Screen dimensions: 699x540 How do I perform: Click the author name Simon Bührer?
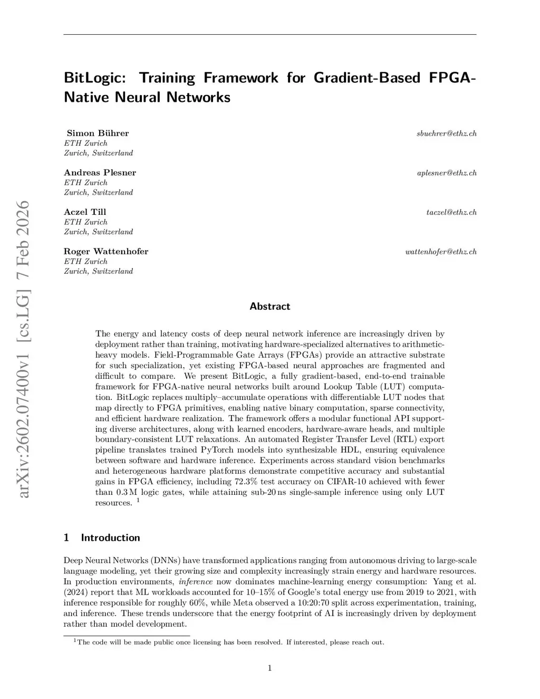(98, 133)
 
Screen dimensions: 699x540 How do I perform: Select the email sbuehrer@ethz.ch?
(446, 133)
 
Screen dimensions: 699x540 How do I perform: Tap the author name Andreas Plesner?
(100, 173)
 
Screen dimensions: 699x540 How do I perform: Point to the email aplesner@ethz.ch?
(447, 173)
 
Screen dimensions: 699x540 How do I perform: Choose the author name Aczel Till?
(85, 212)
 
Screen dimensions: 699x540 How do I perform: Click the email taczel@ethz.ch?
(451, 213)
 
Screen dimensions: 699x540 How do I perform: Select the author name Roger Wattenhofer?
(106, 251)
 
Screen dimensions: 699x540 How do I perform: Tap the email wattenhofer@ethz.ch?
(441, 252)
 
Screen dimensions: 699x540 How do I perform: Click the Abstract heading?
(269, 307)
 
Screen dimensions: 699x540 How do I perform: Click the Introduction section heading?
(110, 538)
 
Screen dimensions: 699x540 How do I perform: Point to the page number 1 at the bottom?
(270, 668)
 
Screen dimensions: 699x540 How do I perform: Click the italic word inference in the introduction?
(196, 582)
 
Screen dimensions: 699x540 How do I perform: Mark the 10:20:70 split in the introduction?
(323, 603)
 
